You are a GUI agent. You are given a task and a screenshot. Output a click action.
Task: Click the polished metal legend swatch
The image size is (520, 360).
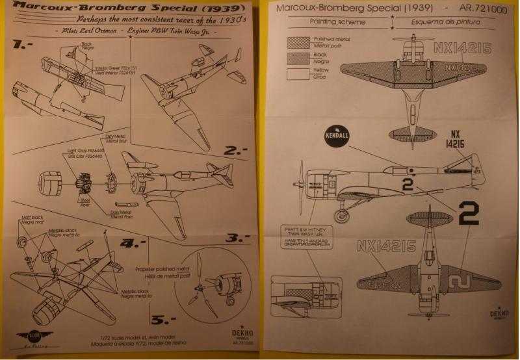297,42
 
